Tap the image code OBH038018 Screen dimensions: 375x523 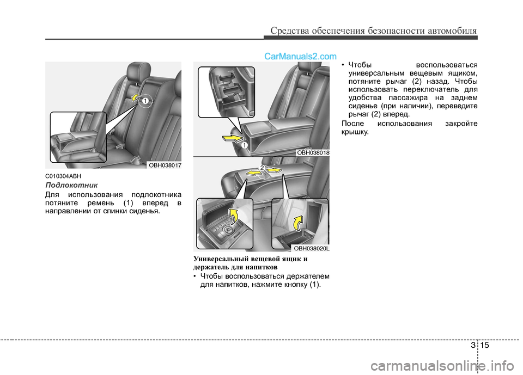[x=313, y=153]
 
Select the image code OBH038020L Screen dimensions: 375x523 [x=312, y=248]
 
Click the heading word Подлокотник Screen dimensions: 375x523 [x=71, y=185]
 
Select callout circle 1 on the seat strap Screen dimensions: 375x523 [x=145, y=101]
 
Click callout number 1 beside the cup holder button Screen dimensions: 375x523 [x=245, y=145]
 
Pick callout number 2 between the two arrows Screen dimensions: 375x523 [x=262, y=168]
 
